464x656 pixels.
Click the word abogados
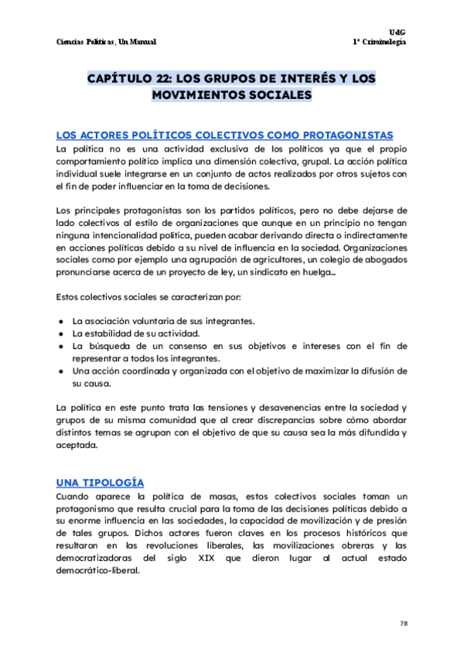(x=380, y=261)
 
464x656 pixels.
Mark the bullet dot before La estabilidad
(x=61, y=333)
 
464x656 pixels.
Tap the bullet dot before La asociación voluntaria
(x=61, y=321)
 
